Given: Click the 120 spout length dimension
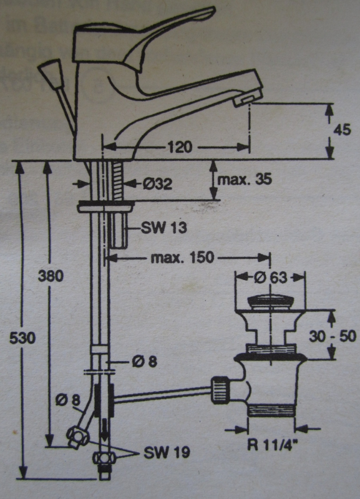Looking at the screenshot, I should (180, 148).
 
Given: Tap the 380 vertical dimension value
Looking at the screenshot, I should (50, 276).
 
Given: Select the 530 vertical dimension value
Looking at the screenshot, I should (23, 337).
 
